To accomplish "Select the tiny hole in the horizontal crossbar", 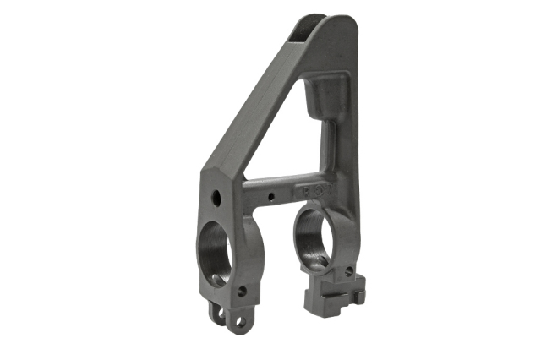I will pos(270,197).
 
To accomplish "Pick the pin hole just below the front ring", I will pos(242,291).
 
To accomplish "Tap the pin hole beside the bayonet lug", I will pos(348,271).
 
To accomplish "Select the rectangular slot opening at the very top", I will pos(311,30).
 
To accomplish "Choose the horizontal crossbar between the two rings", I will pos(270,186).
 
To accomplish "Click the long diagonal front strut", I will pos(254,110).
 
